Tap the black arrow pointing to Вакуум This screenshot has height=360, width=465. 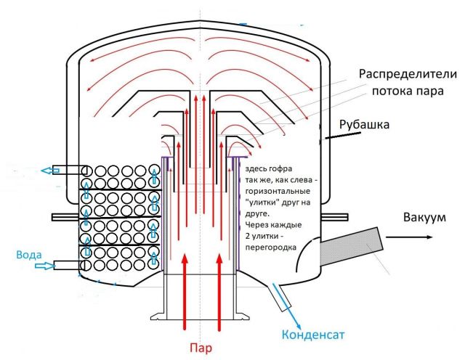pyautogui.click(x=429, y=236)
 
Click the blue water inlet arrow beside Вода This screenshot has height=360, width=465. pyautogui.click(x=45, y=266)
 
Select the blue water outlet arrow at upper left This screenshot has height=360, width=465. pyautogui.click(x=51, y=171)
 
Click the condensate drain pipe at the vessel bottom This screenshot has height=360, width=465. pyautogui.click(x=278, y=295)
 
